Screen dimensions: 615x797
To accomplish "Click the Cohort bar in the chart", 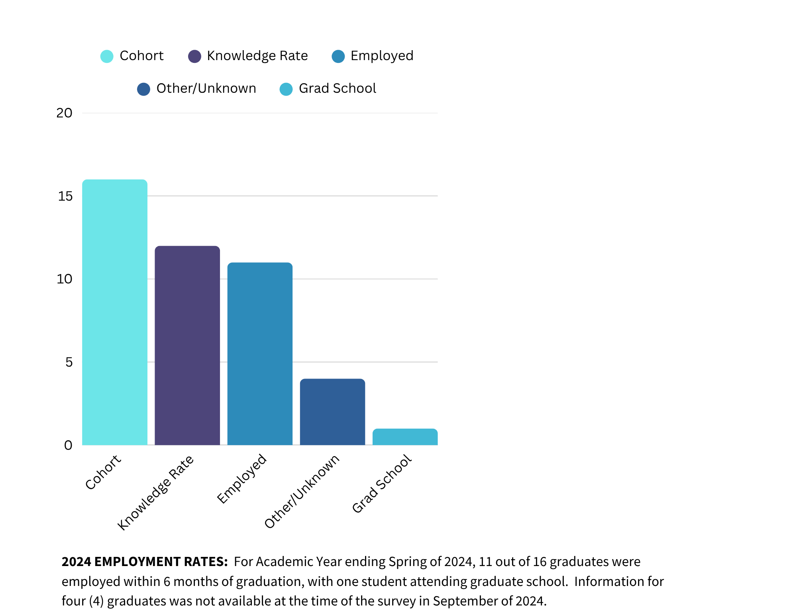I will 115,312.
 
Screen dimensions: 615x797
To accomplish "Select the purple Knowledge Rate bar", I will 187,346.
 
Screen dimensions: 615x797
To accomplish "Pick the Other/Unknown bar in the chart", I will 332,412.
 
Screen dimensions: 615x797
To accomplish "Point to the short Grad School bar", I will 405,437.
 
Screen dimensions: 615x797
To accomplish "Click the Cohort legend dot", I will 107,56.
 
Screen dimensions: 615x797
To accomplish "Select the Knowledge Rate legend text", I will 257,56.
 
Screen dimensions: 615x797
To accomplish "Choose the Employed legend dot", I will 338,56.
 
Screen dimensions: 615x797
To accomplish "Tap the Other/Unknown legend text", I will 206,88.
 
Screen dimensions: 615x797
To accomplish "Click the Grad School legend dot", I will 286,89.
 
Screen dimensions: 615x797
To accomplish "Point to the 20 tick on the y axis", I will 64,113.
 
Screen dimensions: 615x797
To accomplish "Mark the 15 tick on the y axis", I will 65,196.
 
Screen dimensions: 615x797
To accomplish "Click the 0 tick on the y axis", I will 68,445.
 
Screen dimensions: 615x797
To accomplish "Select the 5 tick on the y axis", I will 69,362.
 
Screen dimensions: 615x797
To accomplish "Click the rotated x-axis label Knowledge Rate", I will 155,493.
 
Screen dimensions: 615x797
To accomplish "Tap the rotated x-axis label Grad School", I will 381,484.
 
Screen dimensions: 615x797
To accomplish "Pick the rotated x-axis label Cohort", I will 103,472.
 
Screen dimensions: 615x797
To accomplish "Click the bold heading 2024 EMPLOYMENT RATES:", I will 145,562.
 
